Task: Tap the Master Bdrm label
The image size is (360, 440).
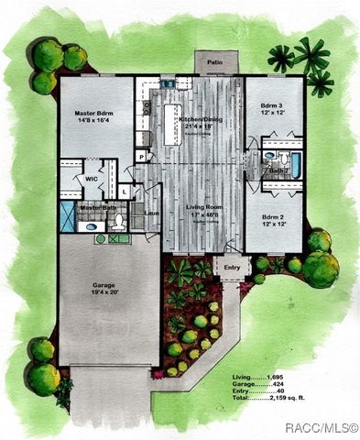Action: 94,113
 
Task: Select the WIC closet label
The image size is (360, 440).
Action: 92,179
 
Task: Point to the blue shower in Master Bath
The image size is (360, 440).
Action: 68,220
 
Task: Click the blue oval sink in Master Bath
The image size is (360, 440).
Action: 101,239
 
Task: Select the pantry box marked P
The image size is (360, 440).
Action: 142,157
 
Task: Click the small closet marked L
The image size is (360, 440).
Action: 122,193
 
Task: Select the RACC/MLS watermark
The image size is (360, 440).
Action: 320,427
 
